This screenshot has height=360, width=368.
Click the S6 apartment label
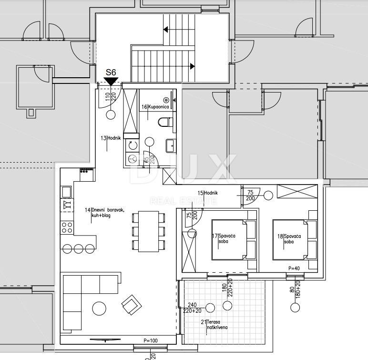(111, 72)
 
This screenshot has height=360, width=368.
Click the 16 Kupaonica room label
(155, 107)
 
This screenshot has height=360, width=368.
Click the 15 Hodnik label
(208, 193)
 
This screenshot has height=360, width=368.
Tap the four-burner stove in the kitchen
(67, 227)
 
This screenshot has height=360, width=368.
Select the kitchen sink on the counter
(66, 192)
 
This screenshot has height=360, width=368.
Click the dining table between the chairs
(148, 232)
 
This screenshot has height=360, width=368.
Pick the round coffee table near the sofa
(99, 309)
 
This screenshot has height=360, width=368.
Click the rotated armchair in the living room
(132, 305)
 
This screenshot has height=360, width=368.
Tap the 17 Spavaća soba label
(224, 238)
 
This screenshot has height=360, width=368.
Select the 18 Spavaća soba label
(289, 239)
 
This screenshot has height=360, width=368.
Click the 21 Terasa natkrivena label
(214, 325)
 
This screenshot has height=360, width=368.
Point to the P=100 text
(151, 340)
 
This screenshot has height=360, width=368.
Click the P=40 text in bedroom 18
(294, 268)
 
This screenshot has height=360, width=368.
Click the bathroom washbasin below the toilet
(171, 145)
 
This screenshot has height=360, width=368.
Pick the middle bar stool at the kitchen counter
(78, 249)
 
